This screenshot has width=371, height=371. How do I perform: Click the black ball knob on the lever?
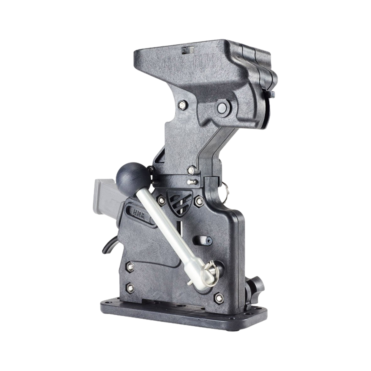126,177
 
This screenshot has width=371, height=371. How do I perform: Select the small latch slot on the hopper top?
186,50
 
